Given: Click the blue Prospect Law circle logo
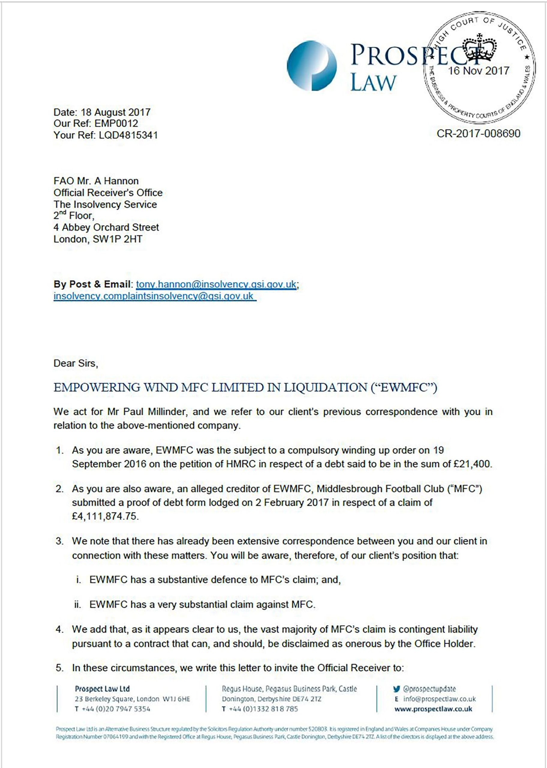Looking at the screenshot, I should click(x=312, y=66).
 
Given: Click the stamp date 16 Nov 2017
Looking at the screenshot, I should click(x=478, y=71).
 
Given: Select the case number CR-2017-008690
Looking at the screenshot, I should click(x=478, y=133).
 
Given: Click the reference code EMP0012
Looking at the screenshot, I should click(x=116, y=123).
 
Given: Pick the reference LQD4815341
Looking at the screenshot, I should click(x=128, y=135).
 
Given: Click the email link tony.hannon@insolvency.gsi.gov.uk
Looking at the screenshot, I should click(x=216, y=284).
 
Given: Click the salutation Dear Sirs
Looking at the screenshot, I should click(x=76, y=364).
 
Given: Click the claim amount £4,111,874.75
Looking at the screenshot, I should click(x=105, y=516).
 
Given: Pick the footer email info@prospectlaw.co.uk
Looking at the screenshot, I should click(x=440, y=699).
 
